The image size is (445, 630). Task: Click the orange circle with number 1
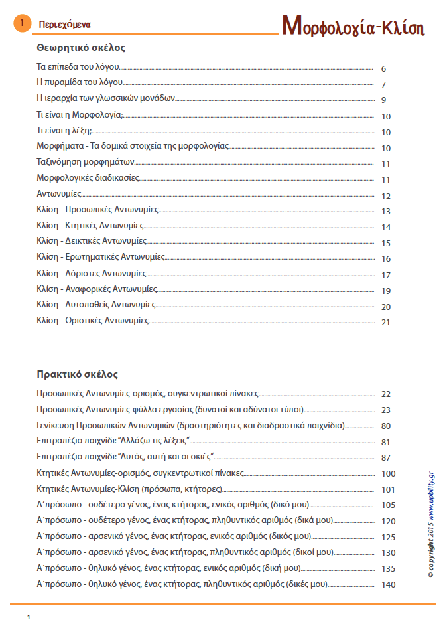pos(21,24)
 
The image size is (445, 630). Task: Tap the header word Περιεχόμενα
pos(65,25)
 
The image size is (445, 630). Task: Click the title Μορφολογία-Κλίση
pos(353,25)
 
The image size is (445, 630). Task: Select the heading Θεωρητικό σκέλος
pos(81,48)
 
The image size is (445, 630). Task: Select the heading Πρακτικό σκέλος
pos(78,374)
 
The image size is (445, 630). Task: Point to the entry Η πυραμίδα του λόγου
pos(80,83)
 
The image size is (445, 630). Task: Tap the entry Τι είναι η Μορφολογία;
pos(80,115)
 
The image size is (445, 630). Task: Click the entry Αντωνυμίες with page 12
pos(59,194)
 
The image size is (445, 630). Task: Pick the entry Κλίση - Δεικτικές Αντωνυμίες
pos(92,241)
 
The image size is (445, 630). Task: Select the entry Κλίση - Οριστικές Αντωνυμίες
pos(93,320)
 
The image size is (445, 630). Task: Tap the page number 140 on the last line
pos(388,585)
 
